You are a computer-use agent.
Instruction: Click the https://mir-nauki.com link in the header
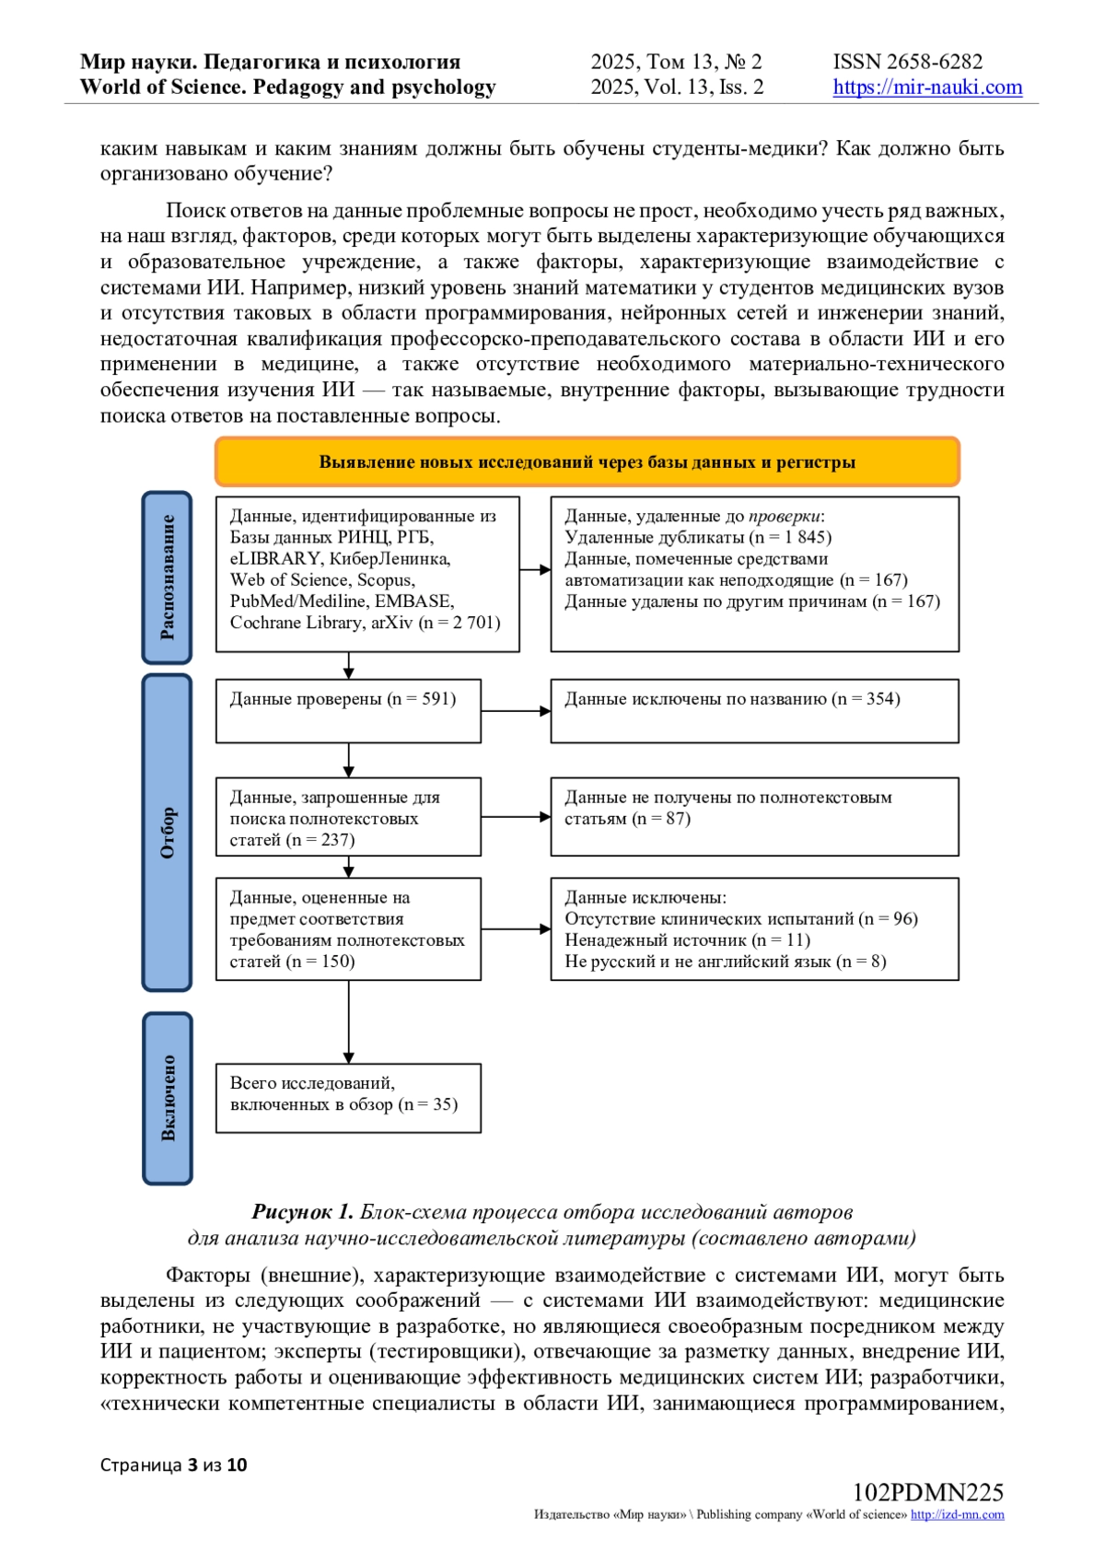927,87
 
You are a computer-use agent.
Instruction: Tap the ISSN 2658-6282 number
908,62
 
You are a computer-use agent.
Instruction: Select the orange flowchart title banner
587,461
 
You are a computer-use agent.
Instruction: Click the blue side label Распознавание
167,577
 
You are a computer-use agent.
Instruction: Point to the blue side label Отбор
167,833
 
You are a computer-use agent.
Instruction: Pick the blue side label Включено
168,1098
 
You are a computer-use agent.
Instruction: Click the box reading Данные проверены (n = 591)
348,710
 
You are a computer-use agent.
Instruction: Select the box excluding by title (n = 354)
754,710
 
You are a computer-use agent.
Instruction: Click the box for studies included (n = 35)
348,1098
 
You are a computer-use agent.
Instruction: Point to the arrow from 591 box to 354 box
516,711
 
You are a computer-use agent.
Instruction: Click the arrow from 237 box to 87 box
516,817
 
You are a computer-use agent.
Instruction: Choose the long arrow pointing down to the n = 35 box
349,1022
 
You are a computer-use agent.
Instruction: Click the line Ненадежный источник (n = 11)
687,940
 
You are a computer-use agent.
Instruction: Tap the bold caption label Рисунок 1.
302,1212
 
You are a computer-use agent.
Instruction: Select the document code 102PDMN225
927,1493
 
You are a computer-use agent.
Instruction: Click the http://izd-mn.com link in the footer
957,1515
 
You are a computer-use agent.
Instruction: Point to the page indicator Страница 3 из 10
174,1465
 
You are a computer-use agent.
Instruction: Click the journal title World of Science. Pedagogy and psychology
287,87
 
